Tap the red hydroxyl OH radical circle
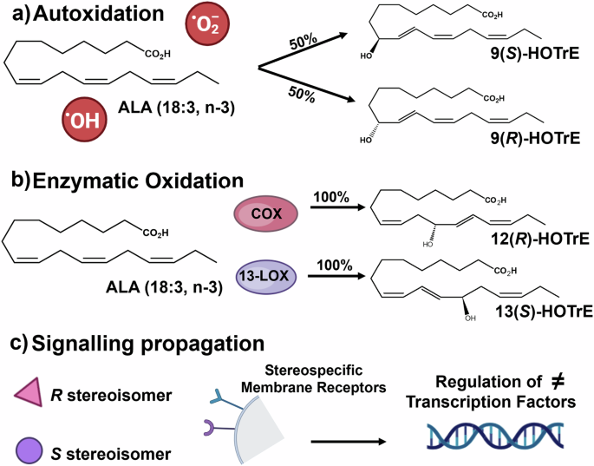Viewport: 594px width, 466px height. (85, 120)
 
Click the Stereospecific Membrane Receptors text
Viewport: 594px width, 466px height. (278, 379)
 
